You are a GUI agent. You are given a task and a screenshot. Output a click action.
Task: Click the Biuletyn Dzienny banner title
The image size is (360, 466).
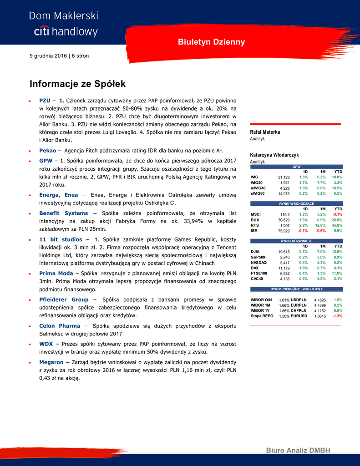tap(211, 42)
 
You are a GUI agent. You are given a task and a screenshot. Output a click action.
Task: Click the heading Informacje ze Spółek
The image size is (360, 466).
tap(77, 84)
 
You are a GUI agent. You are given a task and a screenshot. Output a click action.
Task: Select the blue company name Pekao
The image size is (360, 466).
tap(47, 150)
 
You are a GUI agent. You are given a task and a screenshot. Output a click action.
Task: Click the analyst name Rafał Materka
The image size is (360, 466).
tap(265, 132)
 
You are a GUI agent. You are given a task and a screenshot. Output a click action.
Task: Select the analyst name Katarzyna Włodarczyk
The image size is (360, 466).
tap(274, 155)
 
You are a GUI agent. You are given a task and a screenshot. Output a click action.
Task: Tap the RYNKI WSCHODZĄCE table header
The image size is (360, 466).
tap(296, 203)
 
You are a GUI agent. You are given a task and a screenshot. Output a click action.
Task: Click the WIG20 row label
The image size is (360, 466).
tap(257, 182)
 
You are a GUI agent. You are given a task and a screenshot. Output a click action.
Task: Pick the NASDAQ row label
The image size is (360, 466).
tap(259, 263)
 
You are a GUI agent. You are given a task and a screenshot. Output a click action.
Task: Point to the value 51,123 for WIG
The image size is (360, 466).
tap(284, 177)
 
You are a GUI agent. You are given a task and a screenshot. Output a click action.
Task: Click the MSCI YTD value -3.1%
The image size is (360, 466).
tap(337, 214)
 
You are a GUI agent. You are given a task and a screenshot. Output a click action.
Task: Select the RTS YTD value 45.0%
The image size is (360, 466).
tap(337, 225)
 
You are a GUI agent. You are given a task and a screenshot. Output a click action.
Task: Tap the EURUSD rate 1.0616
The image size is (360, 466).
tap(320, 316)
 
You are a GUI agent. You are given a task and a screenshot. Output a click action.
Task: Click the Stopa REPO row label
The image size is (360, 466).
tap(262, 315)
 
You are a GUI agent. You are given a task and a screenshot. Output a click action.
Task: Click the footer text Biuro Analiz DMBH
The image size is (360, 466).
tap(298, 451)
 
